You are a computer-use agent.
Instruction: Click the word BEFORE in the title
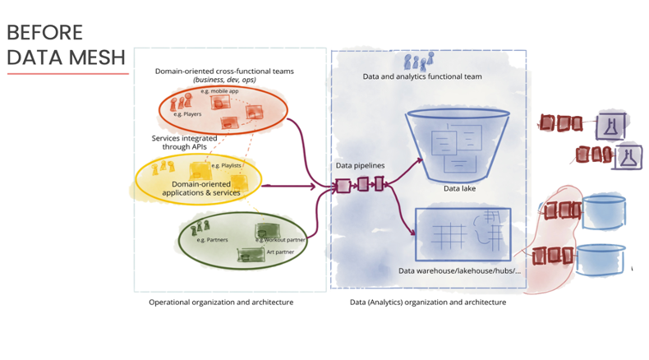(45, 32)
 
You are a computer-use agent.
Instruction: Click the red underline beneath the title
(68, 74)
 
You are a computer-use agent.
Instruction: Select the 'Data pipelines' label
(360, 165)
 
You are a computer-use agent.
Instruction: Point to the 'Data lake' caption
(460, 188)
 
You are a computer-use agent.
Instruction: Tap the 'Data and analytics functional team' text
(422, 76)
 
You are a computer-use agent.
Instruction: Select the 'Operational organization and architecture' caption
(221, 302)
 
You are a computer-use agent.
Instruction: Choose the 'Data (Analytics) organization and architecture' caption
(428, 302)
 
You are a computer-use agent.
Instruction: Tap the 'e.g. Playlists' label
(226, 166)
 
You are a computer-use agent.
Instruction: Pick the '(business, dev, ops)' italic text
(224, 81)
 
